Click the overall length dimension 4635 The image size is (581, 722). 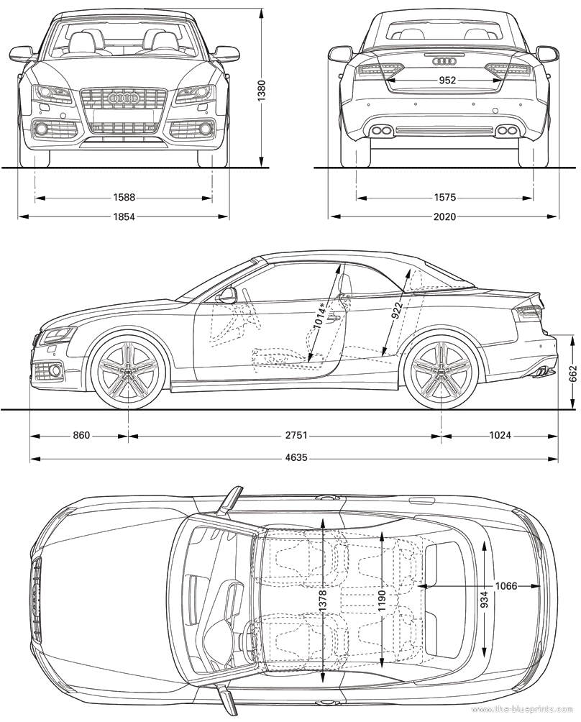(296, 458)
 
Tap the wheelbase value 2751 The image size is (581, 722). (296, 435)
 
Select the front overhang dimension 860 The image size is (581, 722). (81, 435)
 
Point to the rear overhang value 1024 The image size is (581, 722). (500, 435)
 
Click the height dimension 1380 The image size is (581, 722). (262, 91)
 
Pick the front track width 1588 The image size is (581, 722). (124, 198)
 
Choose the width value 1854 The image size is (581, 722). (124, 216)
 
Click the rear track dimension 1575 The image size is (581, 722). (444, 198)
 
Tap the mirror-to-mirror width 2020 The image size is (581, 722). (444, 216)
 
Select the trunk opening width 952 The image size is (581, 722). (447, 80)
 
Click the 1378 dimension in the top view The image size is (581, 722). (322, 602)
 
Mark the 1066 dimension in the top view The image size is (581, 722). (506, 586)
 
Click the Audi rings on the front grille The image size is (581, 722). (123, 98)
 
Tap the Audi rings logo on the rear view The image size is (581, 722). (444, 61)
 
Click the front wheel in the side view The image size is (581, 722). (127, 370)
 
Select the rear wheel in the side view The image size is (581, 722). (441, 370)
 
